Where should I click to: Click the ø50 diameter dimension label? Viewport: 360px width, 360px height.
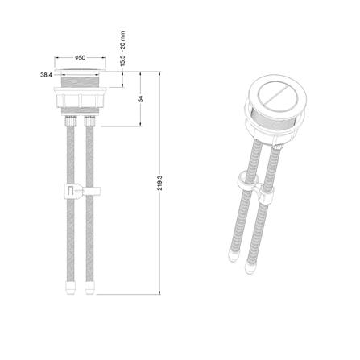81,58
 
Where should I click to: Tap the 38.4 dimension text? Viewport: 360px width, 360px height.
46,75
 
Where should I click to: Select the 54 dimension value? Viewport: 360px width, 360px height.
140,99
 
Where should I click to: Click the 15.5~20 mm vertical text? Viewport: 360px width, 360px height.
122,49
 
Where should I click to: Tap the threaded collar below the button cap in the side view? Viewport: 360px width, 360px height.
81,81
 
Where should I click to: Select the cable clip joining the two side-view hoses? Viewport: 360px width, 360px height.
83,191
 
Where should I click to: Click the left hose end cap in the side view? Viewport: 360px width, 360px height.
70,288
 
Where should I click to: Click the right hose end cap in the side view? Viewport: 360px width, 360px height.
89,288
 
